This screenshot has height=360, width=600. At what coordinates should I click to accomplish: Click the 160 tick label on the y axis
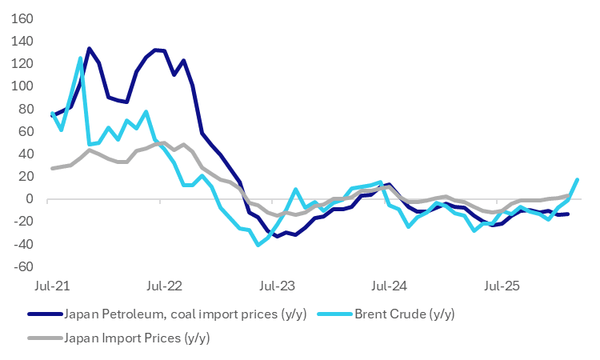click(x=22, y=18)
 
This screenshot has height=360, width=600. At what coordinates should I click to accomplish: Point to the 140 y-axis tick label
click(x=22, y=40)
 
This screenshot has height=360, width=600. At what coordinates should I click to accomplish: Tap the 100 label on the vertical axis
click(x=22, y=86)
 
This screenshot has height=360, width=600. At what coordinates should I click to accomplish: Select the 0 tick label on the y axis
click(x=30, y=198)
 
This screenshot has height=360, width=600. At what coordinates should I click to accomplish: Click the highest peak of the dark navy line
click(x=89, y=48)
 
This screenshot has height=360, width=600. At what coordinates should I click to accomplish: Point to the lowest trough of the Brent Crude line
click(x=258, y=245)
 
